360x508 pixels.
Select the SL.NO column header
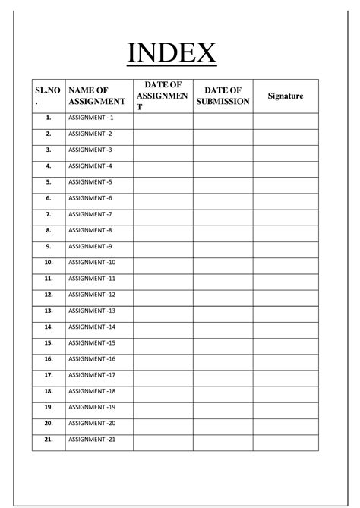47,96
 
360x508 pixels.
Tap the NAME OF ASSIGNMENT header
96,96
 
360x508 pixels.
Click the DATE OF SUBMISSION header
223,96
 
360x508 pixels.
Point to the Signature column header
286,96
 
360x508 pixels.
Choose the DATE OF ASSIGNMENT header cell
163,96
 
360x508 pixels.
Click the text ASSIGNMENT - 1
90,118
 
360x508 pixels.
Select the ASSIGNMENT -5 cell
90,181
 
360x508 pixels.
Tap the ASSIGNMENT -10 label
92,262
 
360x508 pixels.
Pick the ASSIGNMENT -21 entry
92,439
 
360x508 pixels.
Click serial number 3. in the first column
48,150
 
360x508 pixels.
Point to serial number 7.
48,214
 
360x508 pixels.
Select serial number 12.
48,294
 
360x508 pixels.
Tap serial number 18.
48,390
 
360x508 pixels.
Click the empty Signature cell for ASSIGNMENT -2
286,134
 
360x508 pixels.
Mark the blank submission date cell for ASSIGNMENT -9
223,246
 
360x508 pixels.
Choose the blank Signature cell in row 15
286,342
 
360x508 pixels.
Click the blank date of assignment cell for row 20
163,423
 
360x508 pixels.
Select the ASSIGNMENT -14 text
92,327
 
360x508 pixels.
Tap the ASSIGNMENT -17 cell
92,374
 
